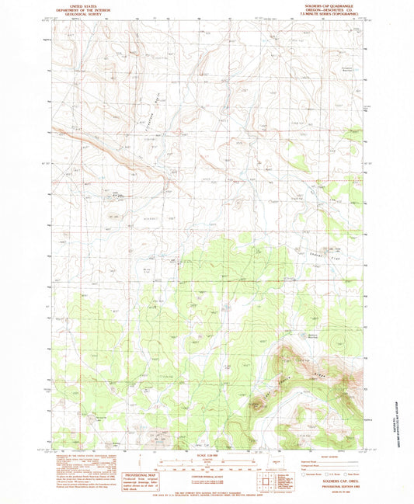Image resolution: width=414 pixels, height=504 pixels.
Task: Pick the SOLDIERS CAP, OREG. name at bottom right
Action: (x=329, y=480)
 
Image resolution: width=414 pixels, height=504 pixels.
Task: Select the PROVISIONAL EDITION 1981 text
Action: (x=329, y=484)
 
